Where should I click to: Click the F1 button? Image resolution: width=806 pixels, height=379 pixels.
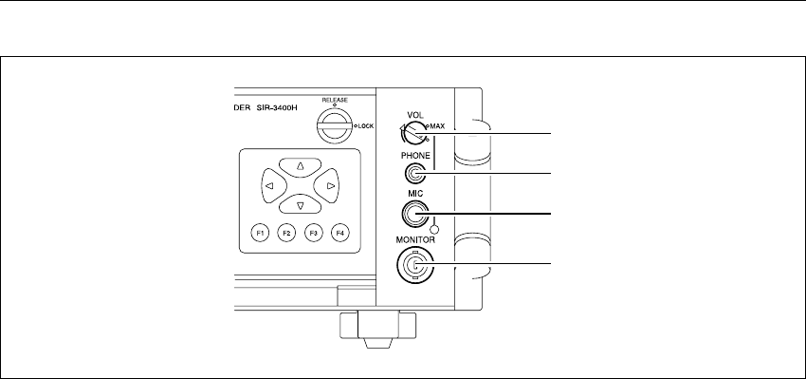(261, 234)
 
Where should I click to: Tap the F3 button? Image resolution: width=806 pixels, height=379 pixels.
(313, 234)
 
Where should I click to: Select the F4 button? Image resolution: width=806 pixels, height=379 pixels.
(339, 234)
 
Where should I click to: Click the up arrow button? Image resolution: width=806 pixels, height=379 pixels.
(301, 167)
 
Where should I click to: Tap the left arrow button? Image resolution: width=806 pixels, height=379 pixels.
(271, 186)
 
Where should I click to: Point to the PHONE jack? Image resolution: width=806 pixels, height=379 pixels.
(414, 174)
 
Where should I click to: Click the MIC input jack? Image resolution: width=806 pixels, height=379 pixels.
(413, 214)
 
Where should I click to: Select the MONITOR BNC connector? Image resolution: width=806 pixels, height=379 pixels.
(414, 265)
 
